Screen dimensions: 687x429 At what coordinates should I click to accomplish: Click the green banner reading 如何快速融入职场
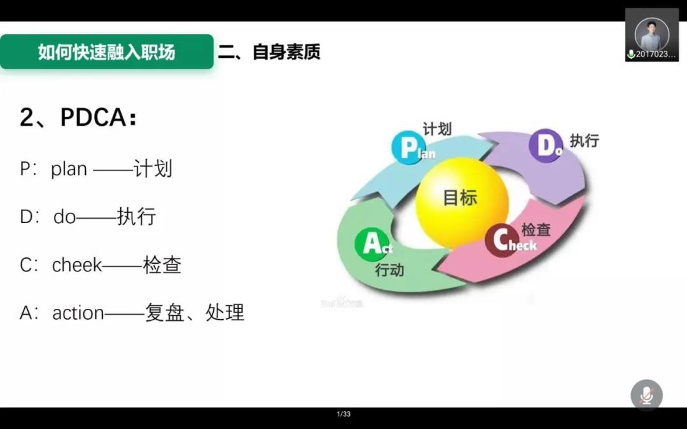point(106,51)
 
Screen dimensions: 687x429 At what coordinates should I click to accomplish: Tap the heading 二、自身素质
point(269,51)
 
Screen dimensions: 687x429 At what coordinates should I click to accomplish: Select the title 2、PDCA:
point(78,118)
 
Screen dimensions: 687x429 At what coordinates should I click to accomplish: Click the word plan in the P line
point(69,170)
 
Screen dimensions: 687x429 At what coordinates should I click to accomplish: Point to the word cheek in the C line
point(77,265)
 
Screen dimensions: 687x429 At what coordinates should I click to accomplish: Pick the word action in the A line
point(78,313)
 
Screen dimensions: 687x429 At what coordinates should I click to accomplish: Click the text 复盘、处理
point(195,313)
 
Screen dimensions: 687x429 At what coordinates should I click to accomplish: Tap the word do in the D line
point(64,217)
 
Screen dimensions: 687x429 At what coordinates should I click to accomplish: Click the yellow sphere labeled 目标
point(462,202)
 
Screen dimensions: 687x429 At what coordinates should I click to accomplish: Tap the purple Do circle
point(546,146)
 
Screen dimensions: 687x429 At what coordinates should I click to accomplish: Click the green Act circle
point(372,244)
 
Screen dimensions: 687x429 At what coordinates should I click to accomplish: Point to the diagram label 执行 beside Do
point(584,140)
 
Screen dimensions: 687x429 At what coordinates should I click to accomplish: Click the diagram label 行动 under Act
point(389,270)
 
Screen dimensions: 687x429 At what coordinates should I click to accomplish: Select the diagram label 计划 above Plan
point(437,129)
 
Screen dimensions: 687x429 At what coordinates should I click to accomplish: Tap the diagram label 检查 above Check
point(536,229)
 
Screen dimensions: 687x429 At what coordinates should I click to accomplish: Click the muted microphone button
point(646,395)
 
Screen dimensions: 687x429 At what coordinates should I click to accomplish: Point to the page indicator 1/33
point(343,414)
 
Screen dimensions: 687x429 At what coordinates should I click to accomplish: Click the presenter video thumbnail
point(652,34)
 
